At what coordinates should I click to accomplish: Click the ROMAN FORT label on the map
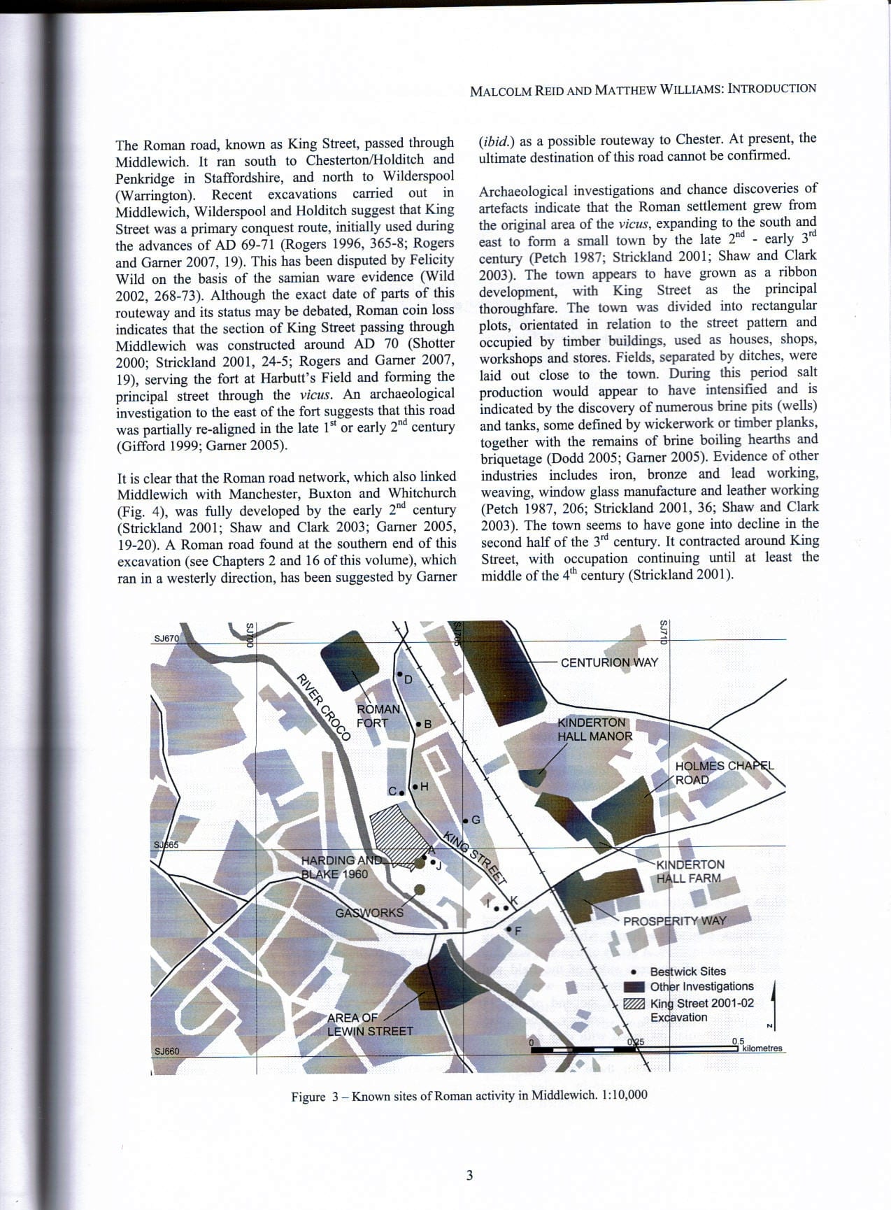coord(378,716)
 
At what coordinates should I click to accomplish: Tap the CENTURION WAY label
coord(609,662)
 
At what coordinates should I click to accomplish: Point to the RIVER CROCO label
coord(323,706)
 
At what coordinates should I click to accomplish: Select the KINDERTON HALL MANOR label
coord(594,729)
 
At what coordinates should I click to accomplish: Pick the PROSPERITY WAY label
coord(674,921)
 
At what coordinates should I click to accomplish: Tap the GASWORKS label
coord(369,912)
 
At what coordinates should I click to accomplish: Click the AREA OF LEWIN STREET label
coord(370,1024)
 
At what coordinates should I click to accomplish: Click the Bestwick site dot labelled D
coord(400,675)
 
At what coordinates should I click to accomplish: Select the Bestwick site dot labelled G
coord(465,820)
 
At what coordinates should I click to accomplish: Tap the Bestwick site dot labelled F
coord(509,930)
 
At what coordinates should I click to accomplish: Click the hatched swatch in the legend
coord(634,1003)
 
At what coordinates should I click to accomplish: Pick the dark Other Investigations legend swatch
coord(634,987)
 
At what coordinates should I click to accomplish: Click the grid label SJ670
coord(166,638)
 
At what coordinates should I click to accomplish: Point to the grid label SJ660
coord(166,1051)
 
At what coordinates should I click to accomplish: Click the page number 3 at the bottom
coord(469,1175)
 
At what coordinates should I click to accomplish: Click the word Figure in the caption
coord(308,1097)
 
